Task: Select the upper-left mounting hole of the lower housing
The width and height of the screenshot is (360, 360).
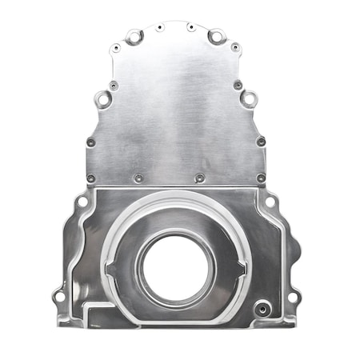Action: click(82, 202)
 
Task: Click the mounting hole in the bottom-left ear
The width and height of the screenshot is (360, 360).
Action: click(58, 297)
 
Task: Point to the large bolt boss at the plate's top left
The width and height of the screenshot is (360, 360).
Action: click(134, 36)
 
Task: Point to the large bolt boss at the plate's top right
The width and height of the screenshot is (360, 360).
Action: click(215, 36)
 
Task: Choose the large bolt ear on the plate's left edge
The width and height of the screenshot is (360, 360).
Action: click(104, 99)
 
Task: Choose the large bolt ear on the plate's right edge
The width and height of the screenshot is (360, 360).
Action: click(249, 100)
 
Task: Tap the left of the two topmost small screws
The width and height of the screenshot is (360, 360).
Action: click(160, 28)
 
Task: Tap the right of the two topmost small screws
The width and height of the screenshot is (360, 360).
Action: click(191, 28)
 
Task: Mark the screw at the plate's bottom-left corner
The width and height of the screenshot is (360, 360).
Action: click(90, 178)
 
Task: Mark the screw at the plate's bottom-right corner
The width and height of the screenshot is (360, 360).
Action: click(261, 178)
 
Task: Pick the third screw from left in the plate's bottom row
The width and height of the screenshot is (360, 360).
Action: click(199, 178)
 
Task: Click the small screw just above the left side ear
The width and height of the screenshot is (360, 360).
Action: click(113, 85)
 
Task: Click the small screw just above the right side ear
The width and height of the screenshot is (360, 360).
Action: click(238, 85)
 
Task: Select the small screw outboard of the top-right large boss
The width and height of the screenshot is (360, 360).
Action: click(234, 47)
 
